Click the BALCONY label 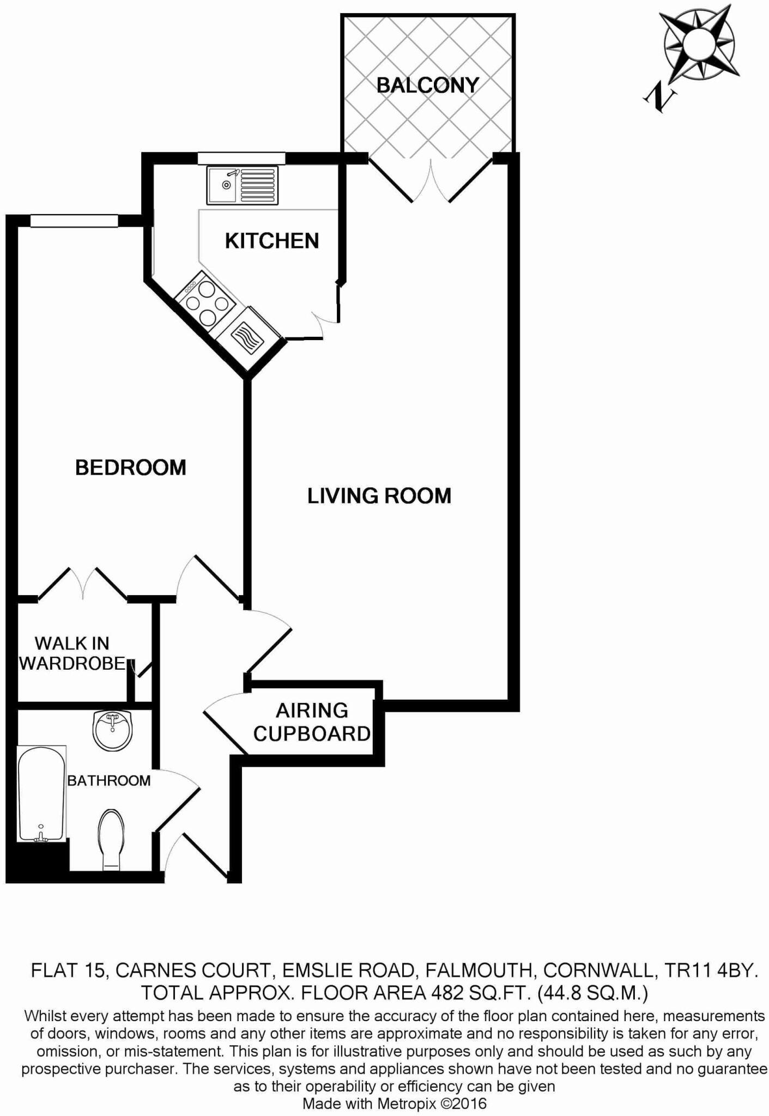[427, 85]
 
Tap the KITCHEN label [272, 241]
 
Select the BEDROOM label [131, 468]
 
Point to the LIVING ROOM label [379, 496]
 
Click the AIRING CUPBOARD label [312, 722]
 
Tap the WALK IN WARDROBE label [72, 653]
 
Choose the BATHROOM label [108, 781]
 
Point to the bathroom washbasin [112, 731]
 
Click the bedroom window [74, 220]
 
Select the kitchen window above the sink [241, 158]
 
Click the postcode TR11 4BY [710, 971]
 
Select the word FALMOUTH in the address [478, 971]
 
